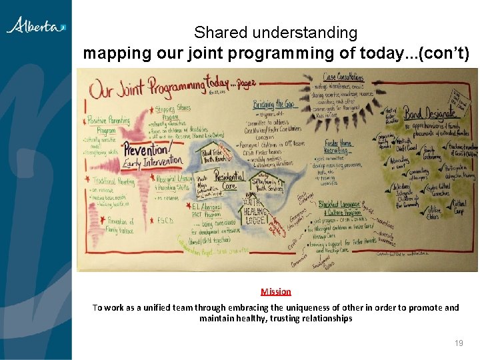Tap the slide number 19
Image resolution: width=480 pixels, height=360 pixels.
pos(459,343)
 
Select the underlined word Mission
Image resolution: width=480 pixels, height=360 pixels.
pos(276,291)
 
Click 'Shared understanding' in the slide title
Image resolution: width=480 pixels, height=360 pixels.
pos(275,32)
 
